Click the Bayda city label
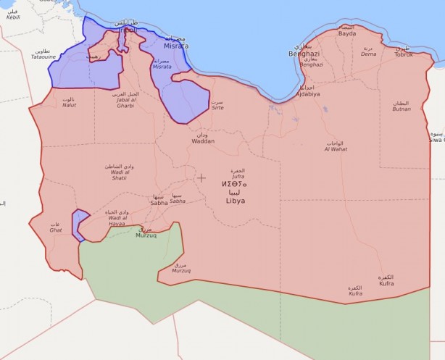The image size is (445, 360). (347, 33)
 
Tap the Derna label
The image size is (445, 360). (369, 54)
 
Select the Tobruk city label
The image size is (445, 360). (402, 54)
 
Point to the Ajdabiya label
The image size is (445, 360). (308, 93)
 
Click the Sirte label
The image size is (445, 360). (217, 106)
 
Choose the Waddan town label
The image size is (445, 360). (202, 141)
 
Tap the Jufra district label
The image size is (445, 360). (238, 176)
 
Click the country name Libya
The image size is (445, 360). (236, 200)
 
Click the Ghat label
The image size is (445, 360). (56, 230)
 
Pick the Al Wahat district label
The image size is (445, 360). (336, 148)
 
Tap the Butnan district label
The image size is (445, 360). (401, 109)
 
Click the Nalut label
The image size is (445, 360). (68, 105)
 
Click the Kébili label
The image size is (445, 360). (13, 16)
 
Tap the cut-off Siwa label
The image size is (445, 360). (437, 139)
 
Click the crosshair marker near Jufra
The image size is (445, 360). (201, 177)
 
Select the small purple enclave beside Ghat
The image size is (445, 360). (79, 223)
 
